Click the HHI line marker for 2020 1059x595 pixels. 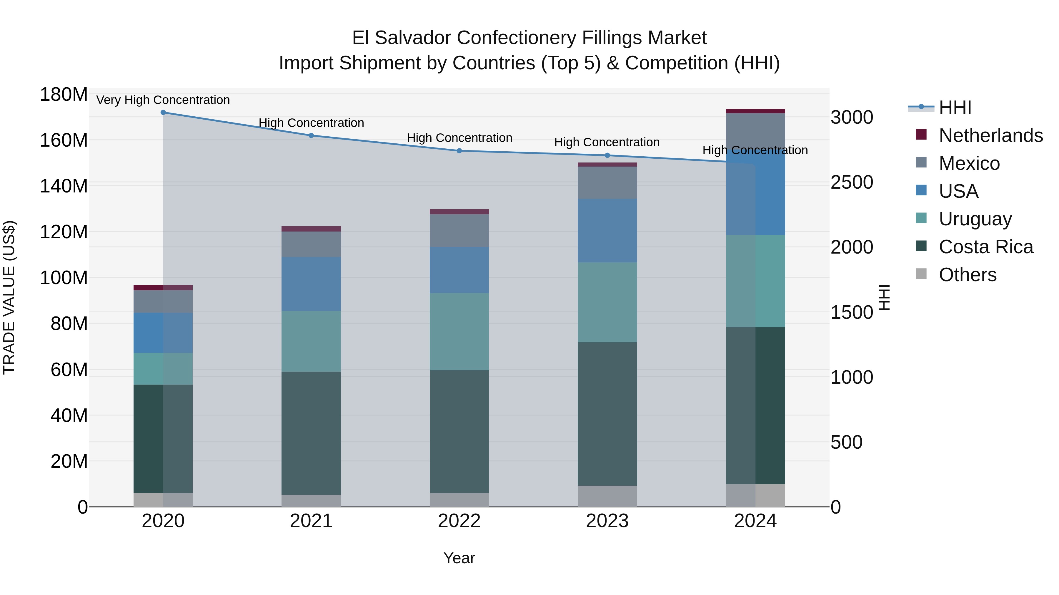tap(163, 112)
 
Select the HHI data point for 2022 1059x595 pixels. tap(459, 151)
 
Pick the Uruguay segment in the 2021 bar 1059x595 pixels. tap(311, 341)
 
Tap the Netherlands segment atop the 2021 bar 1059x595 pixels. tap(311, 229)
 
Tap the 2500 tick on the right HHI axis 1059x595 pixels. tap(852, 182)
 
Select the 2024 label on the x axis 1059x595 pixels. tap(755, 521)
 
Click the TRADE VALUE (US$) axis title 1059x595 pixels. tap(9, 297)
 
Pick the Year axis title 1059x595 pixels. tap(459, 558)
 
